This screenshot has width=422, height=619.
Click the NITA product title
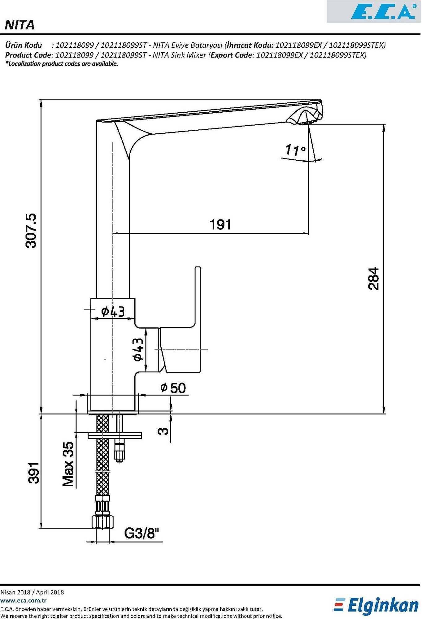pos(20,25)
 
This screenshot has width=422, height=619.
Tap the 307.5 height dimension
pos(31,231)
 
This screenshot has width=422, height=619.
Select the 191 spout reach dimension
pos(220,225)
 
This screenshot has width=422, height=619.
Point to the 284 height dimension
pos(374,278)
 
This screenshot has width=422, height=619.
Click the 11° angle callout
pos(295,150)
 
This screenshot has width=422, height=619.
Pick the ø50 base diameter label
pos(173,388)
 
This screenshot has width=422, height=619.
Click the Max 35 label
pos(68,464)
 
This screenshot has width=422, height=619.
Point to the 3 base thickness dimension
pos(163,431)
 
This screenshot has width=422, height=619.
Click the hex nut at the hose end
pos(102,522)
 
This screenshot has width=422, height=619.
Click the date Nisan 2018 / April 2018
pos(32,592)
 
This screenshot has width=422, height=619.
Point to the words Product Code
pos(28,55)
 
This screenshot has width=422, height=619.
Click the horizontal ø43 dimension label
pos(113,311)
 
